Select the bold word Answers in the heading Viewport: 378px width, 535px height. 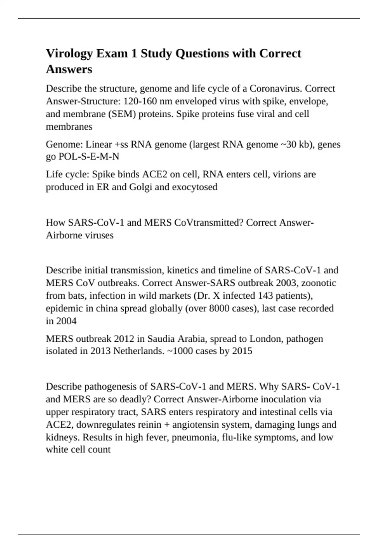(x=69, y=69)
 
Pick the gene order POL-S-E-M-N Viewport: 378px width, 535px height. (x=89, y=157)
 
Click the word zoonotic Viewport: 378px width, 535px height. (x=319, y=283)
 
